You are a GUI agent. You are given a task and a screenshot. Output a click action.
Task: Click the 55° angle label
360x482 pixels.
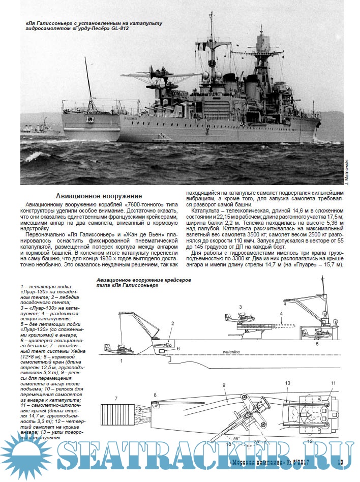point(236,438)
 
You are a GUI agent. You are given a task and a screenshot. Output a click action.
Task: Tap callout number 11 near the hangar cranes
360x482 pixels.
point(334,382)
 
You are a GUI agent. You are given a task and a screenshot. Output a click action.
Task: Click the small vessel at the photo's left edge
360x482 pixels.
point(41,127)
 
